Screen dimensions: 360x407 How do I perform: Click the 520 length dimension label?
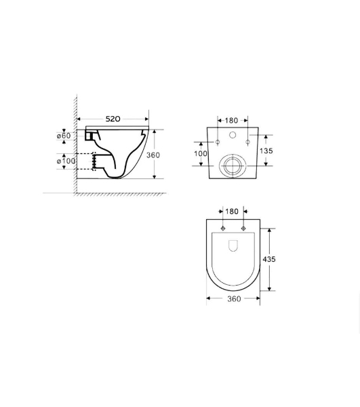(113, 119)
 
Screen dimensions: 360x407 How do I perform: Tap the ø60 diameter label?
(64, 136)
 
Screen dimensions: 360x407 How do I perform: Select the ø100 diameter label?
(66, 161)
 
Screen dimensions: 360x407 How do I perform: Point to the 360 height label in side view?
(153, 155)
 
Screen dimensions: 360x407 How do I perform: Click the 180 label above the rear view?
(231, 121)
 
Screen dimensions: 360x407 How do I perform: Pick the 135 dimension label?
(266, 151)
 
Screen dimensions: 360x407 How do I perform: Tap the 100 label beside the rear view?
(201, 153)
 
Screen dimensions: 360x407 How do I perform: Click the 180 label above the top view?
(232, 212)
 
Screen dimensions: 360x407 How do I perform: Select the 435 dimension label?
(269, 259)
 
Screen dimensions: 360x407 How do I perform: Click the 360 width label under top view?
(234, 299)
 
